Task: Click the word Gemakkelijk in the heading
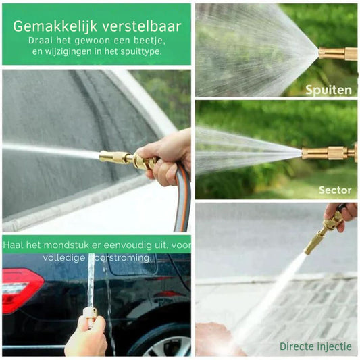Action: [55, 27]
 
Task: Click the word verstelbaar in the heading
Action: [142, 26]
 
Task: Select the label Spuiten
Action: [328, 91]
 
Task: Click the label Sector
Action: [335, 190]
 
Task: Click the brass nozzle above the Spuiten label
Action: [338, 54]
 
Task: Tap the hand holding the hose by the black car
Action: [87, 336]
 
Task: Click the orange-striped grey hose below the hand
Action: [183, 200]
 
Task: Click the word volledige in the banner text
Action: [63, 257]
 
